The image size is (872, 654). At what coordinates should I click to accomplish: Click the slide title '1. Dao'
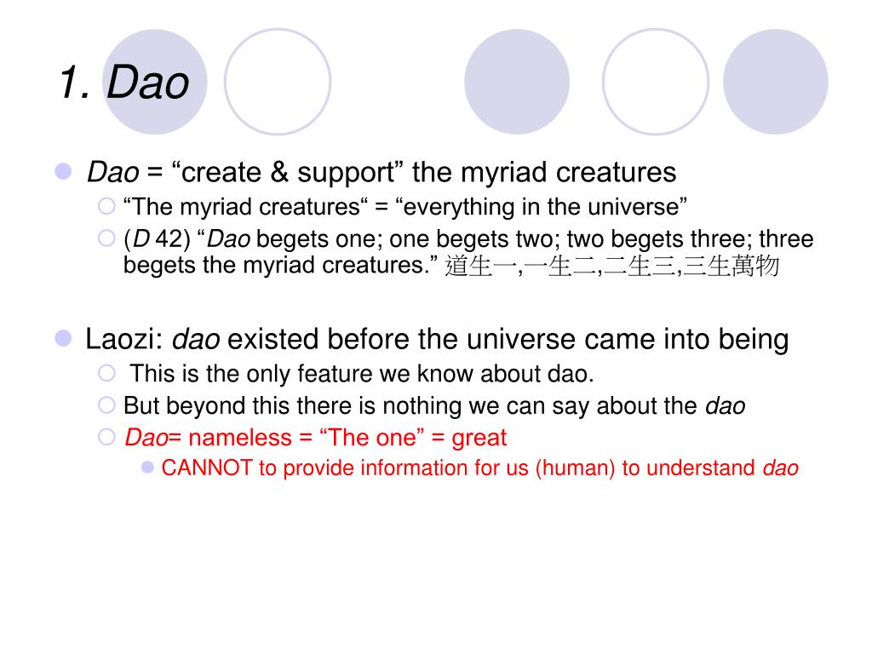click(x=123, y=83)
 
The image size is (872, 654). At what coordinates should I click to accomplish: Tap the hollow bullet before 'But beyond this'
click(x=106, y=405)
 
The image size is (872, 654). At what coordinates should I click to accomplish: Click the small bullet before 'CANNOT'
click(x=148, y=467)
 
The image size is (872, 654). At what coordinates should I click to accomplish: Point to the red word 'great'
click(x=479, y=438)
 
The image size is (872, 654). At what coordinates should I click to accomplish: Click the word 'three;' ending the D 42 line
click(x=786, y=239)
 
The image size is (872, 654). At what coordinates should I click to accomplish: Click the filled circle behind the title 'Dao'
click(x=155, y=81)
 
